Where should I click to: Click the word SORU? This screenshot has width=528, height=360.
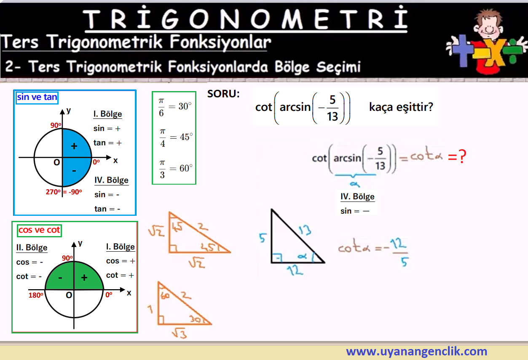pyautogui.click(x=223, y=94)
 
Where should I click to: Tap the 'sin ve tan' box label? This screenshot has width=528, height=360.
pyautogui.click(x=37, y=97)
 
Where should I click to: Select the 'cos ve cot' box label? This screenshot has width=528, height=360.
pyautogui.click(x=39, y=230)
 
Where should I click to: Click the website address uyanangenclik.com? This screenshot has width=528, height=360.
pyautogui.click(x=416, y=351)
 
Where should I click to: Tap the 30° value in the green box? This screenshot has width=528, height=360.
pyautogui.click(x=185, y=106)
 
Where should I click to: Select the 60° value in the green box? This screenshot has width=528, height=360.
pyautogui.click(x=186, y=168)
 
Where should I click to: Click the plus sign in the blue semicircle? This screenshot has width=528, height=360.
pyautogui.click(x=74, y=146)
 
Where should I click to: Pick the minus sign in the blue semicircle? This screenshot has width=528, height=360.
pyautogui.click(x=74, y=171)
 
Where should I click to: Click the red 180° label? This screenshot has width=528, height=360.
pyautogui.click(x=36, y=295)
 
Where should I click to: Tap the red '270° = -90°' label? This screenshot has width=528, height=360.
pyautogui.click(x=64, y=192)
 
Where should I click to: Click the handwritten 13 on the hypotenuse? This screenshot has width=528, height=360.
pyautogui.click(x=305, y=230)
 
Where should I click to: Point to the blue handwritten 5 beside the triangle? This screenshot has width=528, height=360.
pyautogui.click(x=263, y=238)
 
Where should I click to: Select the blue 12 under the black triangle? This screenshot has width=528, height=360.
pyautogui.click(x=295, y=270)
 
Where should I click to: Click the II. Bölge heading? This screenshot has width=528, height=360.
pyautogui.click(x=32, y=247)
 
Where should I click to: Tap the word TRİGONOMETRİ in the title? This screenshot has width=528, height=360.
pyautogui.click(x=246, y=19)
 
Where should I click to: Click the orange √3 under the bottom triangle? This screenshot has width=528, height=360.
pyautogui.click(x=180, y=333)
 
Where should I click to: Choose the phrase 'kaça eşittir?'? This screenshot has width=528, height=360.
pyautogui.click(x=401, y=107)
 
